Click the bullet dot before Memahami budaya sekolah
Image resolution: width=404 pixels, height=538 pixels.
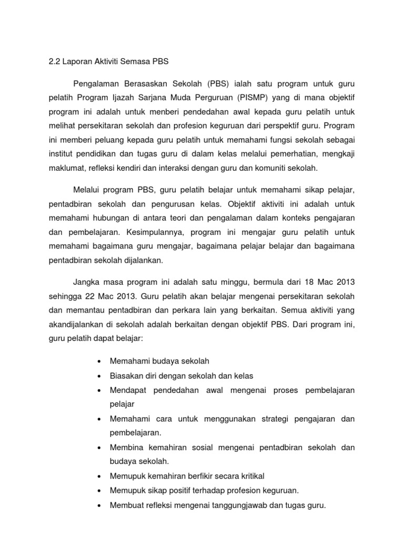point(99,361)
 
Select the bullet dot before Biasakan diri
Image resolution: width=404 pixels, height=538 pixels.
point(99,376)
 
